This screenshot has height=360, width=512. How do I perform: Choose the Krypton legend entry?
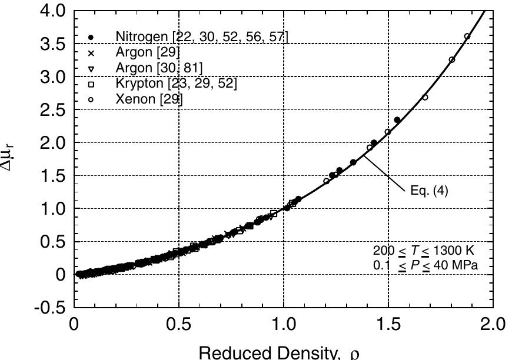pos(176,84)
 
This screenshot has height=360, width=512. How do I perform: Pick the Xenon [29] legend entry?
pos(149,99)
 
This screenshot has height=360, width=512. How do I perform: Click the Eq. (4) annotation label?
pos(429,191)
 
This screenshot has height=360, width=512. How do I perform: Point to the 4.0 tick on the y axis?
pos(49,11)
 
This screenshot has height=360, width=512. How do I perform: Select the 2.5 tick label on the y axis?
pos(49,110)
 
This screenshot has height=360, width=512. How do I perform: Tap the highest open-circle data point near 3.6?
pos(467,36)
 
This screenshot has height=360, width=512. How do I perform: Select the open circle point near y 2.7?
pos(425,97)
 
